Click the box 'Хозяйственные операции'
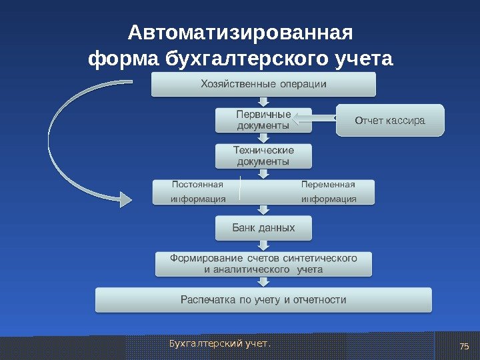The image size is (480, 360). [x=263, y=84]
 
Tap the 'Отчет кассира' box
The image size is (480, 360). [x=390, y=121]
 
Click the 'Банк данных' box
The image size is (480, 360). [x=263, y=228]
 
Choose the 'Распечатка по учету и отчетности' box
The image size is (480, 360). [x=263, y=300]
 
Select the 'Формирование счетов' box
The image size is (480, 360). [x=263, y=263]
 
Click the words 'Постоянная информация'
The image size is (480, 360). [x=198, y=191]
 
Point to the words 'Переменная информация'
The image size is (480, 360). [x=328, y=191]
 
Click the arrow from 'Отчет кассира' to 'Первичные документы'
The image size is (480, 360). [x=315, y=119]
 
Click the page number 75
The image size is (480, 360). [x=465, y=345]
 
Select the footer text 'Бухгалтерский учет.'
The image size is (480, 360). [x=221, y=344]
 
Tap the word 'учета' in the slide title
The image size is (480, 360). [x=363, y=60]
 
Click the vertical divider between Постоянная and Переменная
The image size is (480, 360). [x=238, y=191]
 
